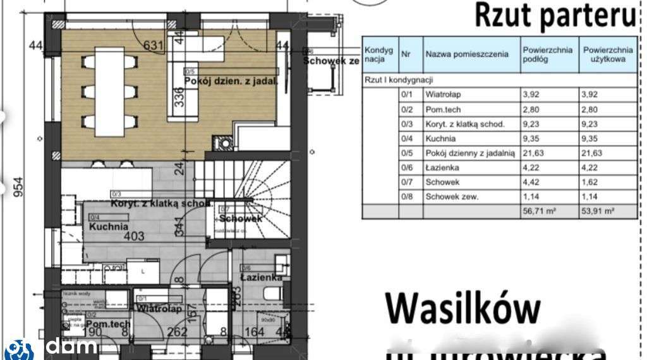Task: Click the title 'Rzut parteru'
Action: pos(555,16)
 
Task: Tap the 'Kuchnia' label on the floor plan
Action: pos(109,226)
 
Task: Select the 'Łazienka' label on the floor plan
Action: pos(261,277)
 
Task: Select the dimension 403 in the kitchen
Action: pos(134,237)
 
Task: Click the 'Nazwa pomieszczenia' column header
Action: pos(467,54)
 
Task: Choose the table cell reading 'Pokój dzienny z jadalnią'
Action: pos(471,153)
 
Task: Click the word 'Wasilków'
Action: pos(463,308)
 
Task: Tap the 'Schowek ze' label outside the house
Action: pos(331,61)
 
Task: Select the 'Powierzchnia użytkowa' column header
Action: pos(608,54)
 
